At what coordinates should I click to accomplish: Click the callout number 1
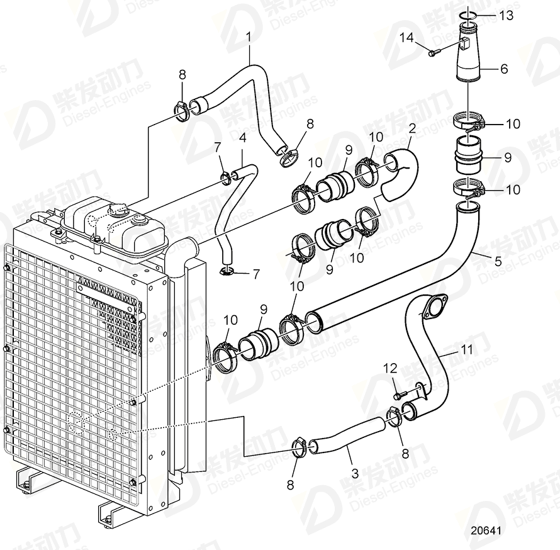pyautogui.click(x=248, y=36)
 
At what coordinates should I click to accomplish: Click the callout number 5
pyautogui.click(x=498, y=258)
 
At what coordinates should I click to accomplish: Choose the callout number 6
pyautogui.click(x=503, y=69)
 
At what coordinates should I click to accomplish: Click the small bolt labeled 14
pyautogui.click(x=433, y=54)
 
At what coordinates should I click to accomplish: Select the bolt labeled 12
pyautogui.click(x=398, y=395)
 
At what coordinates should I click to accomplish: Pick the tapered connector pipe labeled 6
pyautogui.click(x=468, y=57)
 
